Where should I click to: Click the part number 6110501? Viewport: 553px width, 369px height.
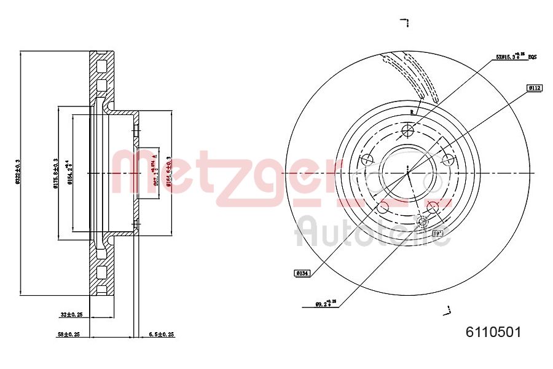(x=493, y=332)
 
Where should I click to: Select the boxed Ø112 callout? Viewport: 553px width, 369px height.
(x=533, y=89)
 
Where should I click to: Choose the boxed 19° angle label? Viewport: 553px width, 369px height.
(x=437, y=234)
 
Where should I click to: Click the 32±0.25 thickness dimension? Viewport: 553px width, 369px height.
(x=71, y=314)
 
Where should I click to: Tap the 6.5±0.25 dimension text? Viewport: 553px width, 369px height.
(x=162, y=335)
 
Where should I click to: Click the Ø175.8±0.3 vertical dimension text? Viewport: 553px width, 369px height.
(x=56, y=173)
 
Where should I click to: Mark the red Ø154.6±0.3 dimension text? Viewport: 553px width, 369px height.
(x=168, y=173)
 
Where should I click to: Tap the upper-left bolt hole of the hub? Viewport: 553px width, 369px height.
(x=367, y=160)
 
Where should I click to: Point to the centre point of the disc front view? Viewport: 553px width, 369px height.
(x=408, y=173)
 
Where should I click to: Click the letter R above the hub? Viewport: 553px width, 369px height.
(x=412, y=111)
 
